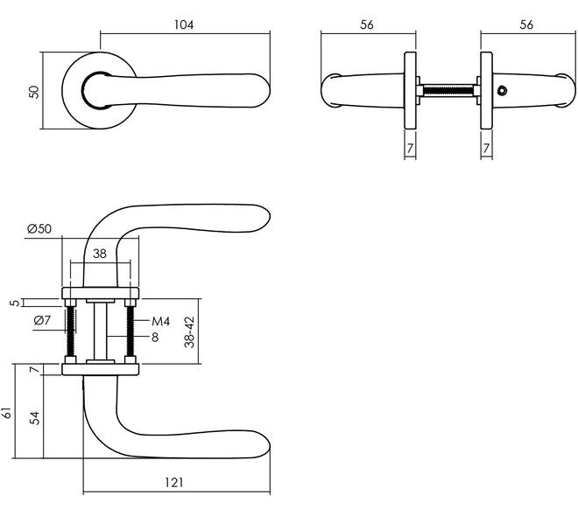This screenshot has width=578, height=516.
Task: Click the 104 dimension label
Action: coord(184,24)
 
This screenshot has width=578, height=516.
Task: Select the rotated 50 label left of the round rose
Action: coord(33,92)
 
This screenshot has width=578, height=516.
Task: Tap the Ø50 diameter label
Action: coord(39,229)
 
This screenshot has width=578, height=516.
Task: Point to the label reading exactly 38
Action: coord(100,254)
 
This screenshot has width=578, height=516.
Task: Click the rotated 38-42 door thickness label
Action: coord(189,332)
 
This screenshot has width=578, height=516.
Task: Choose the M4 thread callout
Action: coord(161,322)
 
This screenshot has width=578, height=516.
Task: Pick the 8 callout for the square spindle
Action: coord(155,337)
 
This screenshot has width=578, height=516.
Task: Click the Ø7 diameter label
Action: coord(42,320)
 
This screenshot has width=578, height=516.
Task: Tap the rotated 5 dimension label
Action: coord(15,303)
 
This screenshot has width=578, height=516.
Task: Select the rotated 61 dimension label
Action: coord(7,413)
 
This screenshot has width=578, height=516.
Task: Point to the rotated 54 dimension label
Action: coord(34,418)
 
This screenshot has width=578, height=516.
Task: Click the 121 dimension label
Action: coord(173,482)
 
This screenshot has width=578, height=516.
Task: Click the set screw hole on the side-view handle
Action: coord(501,90)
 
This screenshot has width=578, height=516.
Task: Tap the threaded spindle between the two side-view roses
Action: coord(448,91)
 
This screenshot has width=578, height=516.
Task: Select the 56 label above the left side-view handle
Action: coord(367,24)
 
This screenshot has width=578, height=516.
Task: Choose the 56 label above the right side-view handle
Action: coord(526,24)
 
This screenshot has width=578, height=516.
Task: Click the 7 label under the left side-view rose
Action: coord(410,149)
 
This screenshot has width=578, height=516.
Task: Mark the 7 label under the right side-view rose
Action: coord(486,149)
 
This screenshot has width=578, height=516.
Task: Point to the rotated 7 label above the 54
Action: coord(34,370)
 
